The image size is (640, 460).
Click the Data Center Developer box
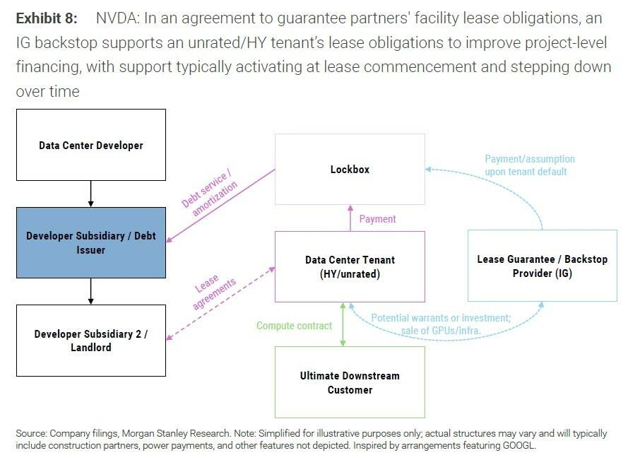91,145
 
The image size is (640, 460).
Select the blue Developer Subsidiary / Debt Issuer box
91,243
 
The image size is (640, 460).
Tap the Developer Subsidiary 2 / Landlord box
91,341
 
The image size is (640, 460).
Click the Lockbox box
350,170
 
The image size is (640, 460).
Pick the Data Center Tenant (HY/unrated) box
350,267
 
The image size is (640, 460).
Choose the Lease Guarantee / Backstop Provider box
543,266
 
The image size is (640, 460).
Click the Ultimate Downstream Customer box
350,382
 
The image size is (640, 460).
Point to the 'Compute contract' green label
295,326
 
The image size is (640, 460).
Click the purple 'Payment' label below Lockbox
377,219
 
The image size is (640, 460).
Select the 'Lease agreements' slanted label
214,290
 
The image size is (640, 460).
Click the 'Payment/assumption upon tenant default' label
529,165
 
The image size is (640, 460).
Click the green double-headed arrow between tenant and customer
343,324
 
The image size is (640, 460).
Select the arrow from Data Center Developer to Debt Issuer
90,194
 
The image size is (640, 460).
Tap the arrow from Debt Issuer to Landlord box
90,291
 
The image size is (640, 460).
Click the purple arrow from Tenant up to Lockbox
350,218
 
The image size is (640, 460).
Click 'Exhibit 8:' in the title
47,18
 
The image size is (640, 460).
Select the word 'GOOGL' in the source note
518,445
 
